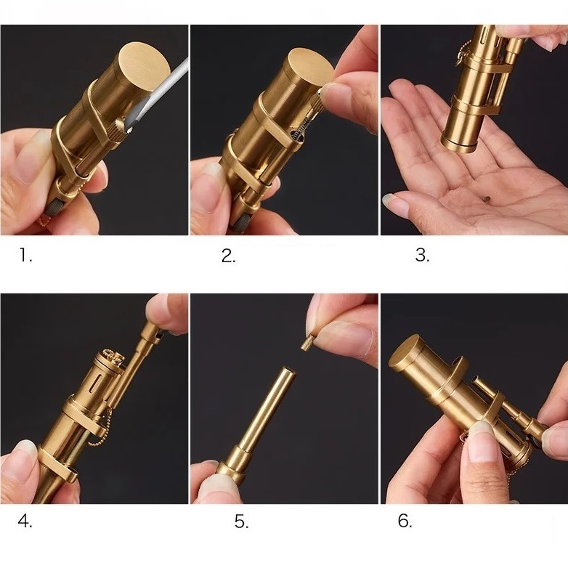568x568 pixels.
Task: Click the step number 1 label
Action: [25, 255]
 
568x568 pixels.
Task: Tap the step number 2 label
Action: [229, 256]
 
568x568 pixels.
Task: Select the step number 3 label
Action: [423, 255]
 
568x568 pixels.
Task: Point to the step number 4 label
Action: [25, 522]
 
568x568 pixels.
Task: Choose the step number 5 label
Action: [242, 522]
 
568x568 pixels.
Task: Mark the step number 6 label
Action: [405, 521]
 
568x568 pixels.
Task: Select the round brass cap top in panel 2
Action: [312, 67]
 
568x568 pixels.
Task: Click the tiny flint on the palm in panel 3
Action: [487, 198]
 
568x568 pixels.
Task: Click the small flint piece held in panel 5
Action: [305, 343]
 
